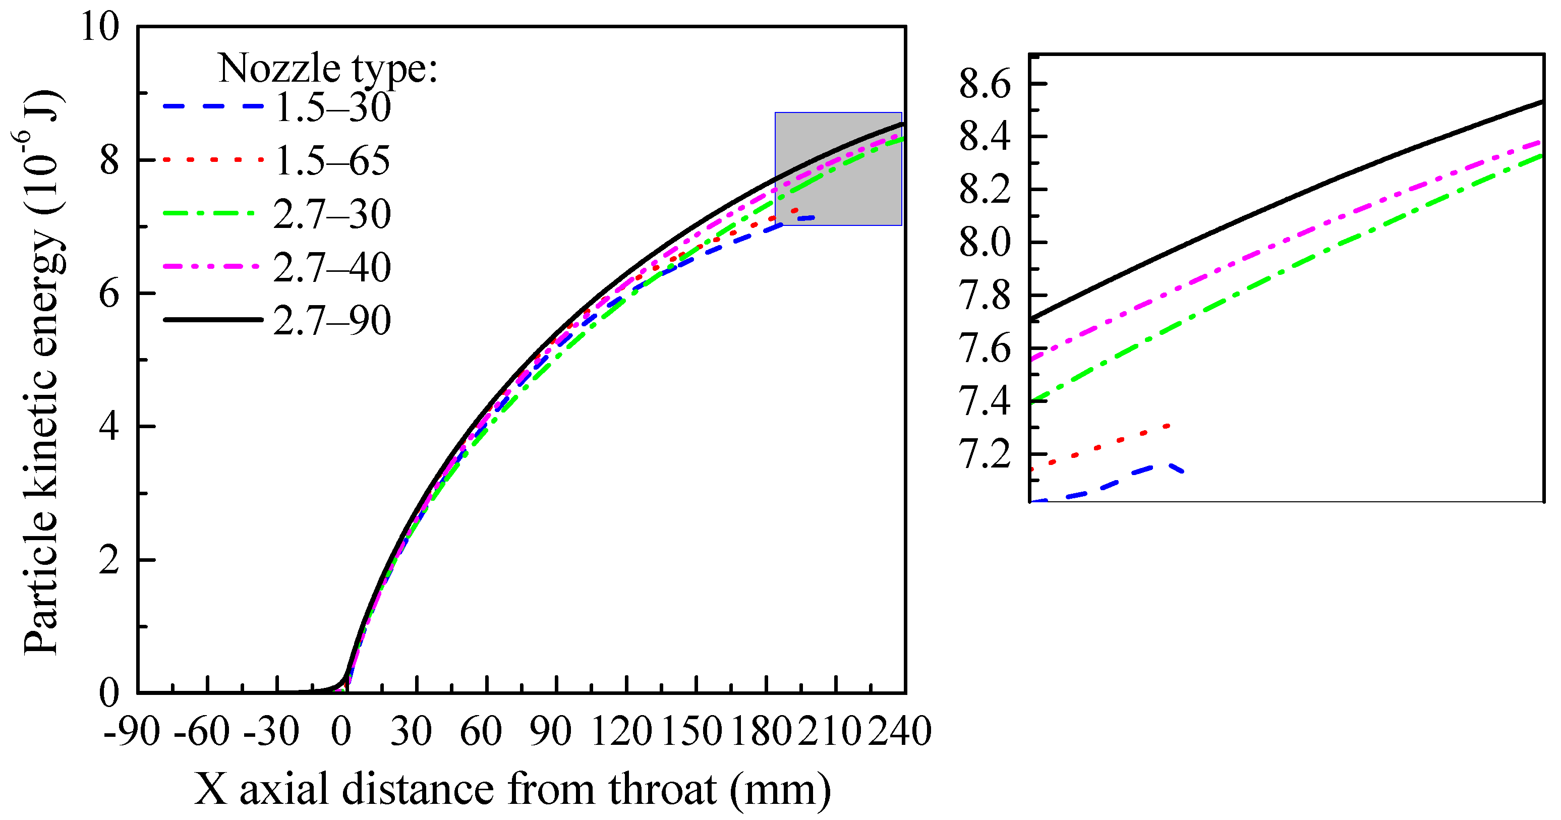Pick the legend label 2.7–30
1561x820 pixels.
[332, 214]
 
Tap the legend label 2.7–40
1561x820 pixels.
[332, 267]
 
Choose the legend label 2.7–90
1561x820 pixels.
[332, 321]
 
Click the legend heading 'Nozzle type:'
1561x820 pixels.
[328, 68]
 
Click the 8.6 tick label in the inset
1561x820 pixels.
[986, 84]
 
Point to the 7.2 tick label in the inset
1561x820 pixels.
[986, 454]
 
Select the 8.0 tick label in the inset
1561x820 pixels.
[986, 243]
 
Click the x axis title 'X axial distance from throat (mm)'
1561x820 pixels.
[512, 790]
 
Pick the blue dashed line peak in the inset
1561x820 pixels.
[1171, 465]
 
